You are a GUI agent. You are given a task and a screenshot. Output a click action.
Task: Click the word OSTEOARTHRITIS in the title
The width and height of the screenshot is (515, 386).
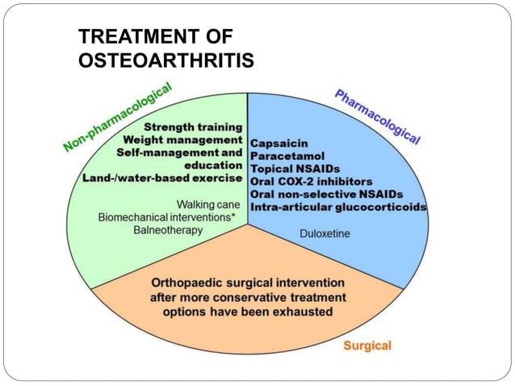[165, 61]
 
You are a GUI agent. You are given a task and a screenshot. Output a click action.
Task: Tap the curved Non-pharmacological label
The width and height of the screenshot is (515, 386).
[119, 119]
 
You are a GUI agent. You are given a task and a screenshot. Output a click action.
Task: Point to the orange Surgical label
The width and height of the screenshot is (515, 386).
[367, 346]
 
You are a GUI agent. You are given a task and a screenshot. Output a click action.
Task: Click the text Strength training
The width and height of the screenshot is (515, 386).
[193, 127]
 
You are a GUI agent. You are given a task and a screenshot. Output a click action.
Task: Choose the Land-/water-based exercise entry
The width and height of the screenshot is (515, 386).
[161, 178]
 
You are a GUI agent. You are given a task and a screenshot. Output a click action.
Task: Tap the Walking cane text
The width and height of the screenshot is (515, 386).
[207, 204]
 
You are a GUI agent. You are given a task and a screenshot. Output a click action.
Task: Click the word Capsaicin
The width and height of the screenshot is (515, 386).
[278, 143]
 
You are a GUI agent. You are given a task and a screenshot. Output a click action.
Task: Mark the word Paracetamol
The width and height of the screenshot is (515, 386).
[286, 156]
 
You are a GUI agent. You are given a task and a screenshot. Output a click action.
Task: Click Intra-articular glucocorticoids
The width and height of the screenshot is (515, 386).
[338, 208]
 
